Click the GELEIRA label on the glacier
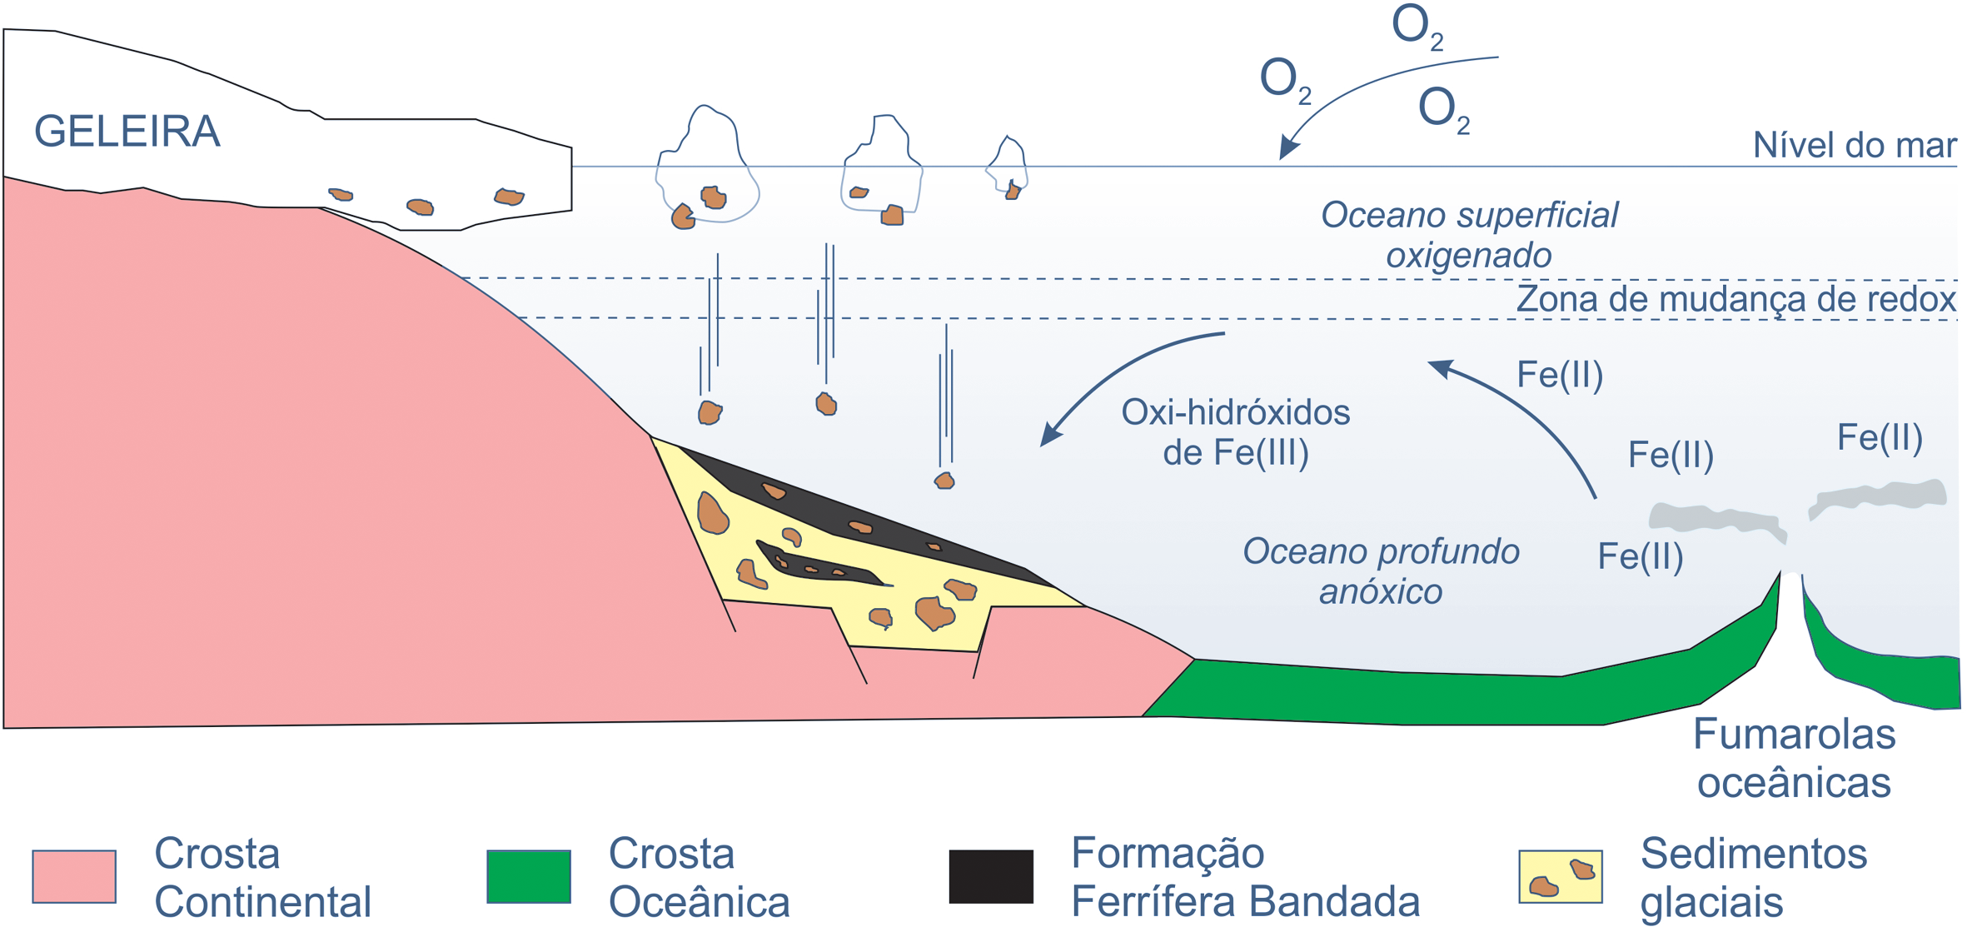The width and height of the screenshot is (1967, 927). tap(127, 132)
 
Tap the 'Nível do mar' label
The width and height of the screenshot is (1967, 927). tap(1854, 146)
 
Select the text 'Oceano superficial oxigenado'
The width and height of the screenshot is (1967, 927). tap(1469, 235)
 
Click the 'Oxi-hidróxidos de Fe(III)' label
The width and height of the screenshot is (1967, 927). tap(1235, 432)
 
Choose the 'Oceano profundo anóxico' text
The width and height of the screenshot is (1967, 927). tap(1381, 571)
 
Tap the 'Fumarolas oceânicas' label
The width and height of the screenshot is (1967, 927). tap(1794, 758)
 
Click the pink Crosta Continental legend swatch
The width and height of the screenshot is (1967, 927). tap(74, 876)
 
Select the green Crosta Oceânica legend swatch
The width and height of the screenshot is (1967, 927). tap(529, 876)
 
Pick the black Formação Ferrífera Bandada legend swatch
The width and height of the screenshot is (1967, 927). tap(991, 876)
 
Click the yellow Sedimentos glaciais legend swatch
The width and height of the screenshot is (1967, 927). tap(1560, 876)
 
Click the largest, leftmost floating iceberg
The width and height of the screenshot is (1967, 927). tap(707, 167)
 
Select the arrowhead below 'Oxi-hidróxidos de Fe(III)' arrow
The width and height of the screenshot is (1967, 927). tap(1050, 436)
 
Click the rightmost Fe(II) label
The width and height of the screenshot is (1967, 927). tap(1880, 438)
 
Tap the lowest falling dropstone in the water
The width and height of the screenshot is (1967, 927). tap(944, 481)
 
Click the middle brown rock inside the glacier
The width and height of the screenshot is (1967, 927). tap(420, 207)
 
